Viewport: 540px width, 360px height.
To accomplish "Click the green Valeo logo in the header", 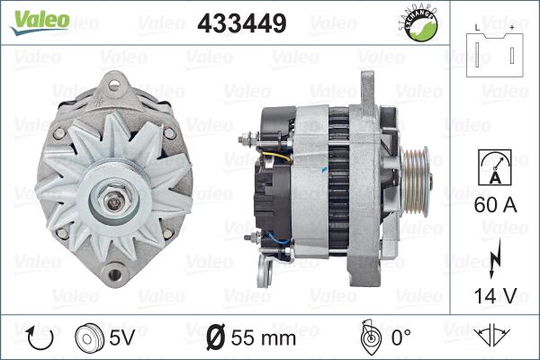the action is tap(40, 22).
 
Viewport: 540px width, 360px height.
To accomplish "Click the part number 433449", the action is tap(242, 23).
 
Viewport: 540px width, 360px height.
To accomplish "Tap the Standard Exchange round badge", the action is tap(420, 24).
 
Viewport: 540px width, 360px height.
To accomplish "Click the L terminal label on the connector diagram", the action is tap(477, 28).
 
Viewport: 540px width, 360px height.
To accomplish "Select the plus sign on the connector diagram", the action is tap(512, 28).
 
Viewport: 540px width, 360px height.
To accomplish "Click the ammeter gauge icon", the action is tap(495, 167).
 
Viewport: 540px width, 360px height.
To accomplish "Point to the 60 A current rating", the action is tap(495, 205).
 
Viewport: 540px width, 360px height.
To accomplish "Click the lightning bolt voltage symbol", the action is tap(494, 258).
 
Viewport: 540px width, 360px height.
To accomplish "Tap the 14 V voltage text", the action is tap(495, 295).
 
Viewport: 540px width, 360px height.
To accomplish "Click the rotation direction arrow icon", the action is tap(40, 338).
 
